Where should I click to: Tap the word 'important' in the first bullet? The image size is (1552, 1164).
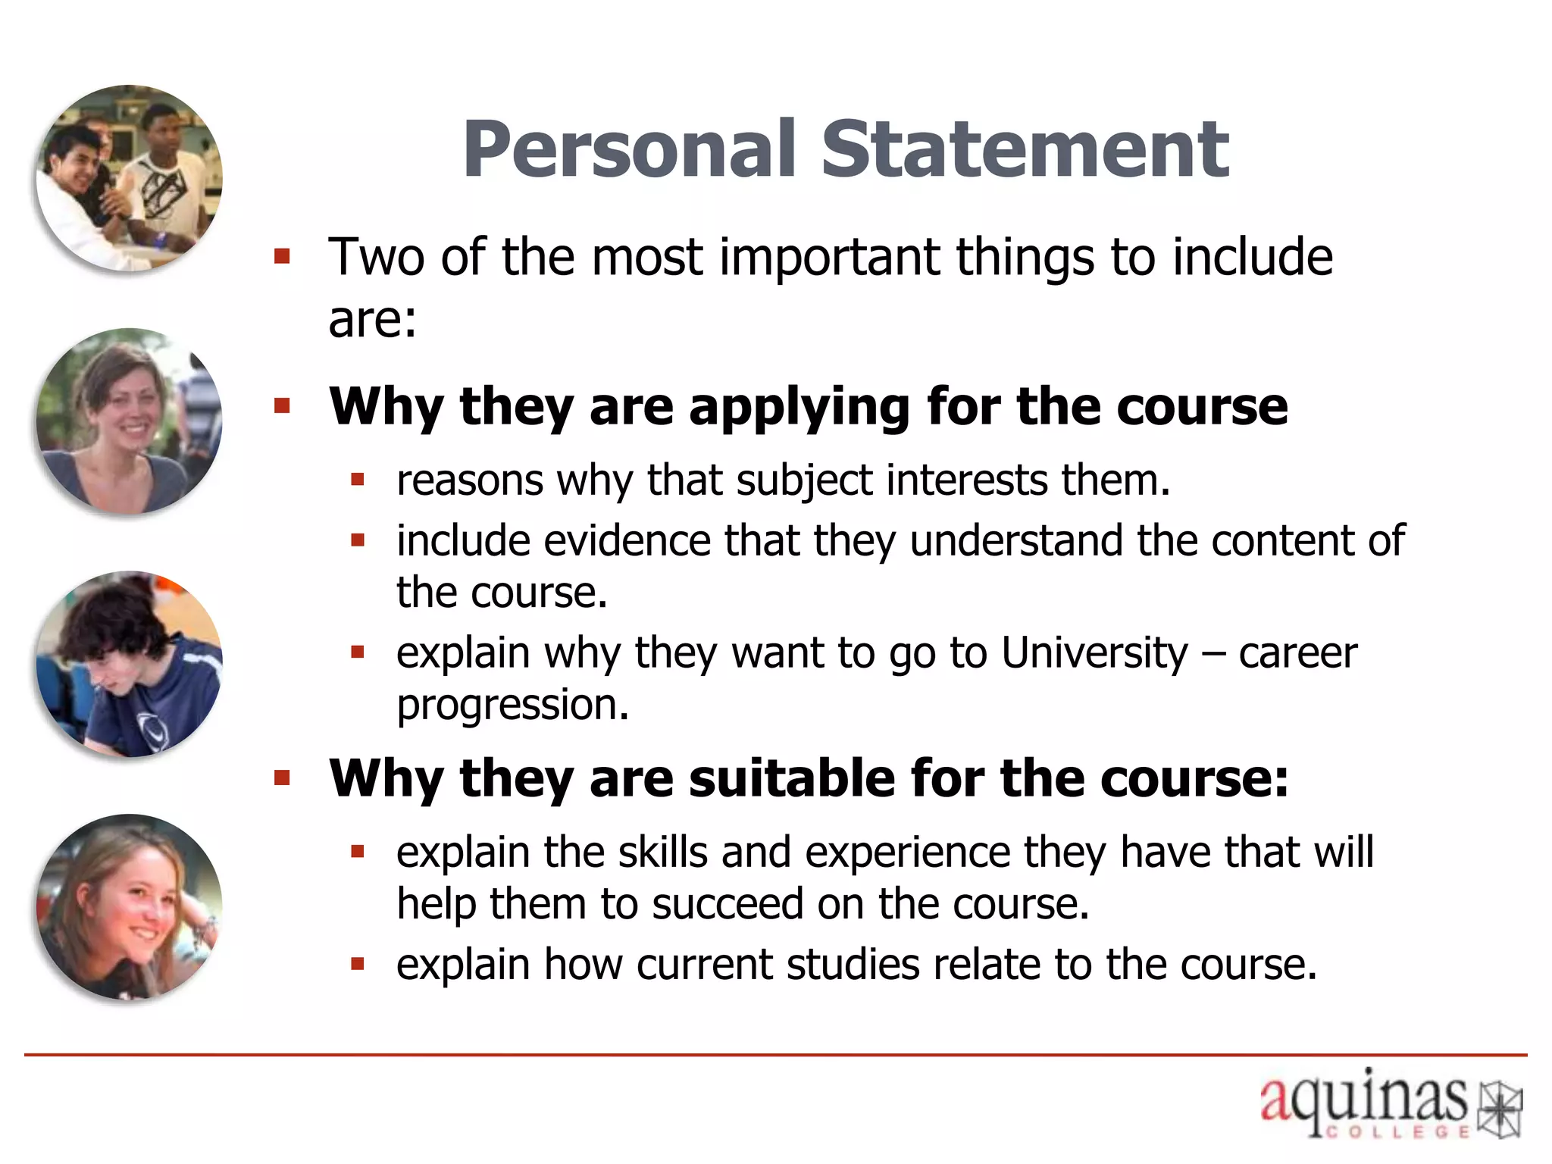[829, 258]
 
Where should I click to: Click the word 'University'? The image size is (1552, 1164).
[1094, 653]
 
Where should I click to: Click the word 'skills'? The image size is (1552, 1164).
[662, 853]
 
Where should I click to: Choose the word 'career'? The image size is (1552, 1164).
[1297, 653]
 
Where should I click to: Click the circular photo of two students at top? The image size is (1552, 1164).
[130, 178]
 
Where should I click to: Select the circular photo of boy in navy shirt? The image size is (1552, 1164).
[130, 664]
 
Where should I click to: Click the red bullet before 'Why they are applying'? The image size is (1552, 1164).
[283, 407]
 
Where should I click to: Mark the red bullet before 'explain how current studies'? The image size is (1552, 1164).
[358, 965]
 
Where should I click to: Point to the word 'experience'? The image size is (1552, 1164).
[908, 853]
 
